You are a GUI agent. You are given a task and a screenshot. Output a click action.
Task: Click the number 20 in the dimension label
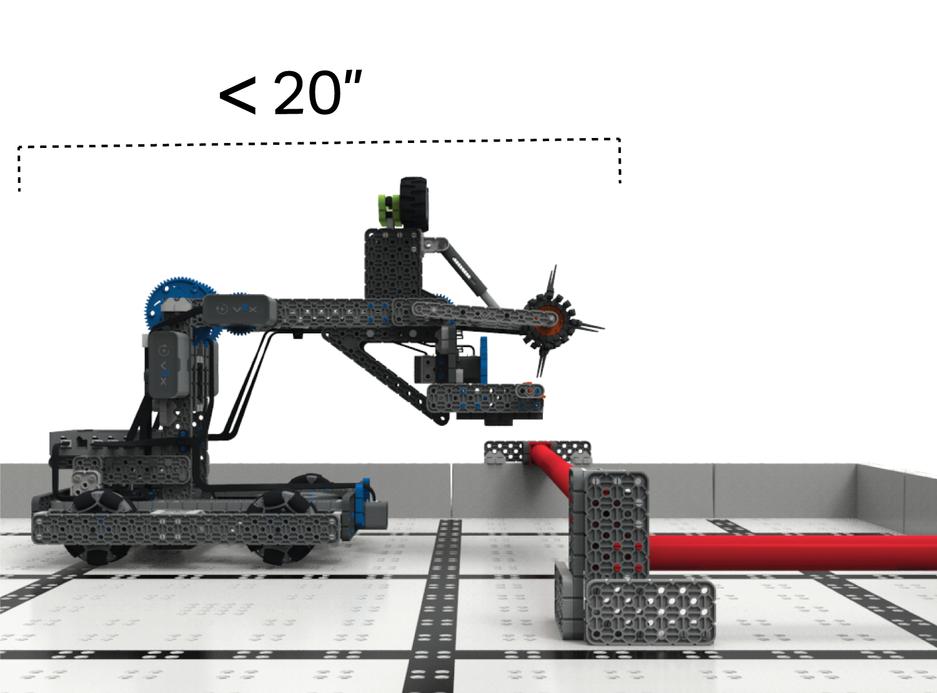[307, 94]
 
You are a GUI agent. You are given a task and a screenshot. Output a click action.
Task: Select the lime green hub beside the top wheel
[388, 210]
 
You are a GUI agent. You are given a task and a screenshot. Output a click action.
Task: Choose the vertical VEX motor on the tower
[167, 363]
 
